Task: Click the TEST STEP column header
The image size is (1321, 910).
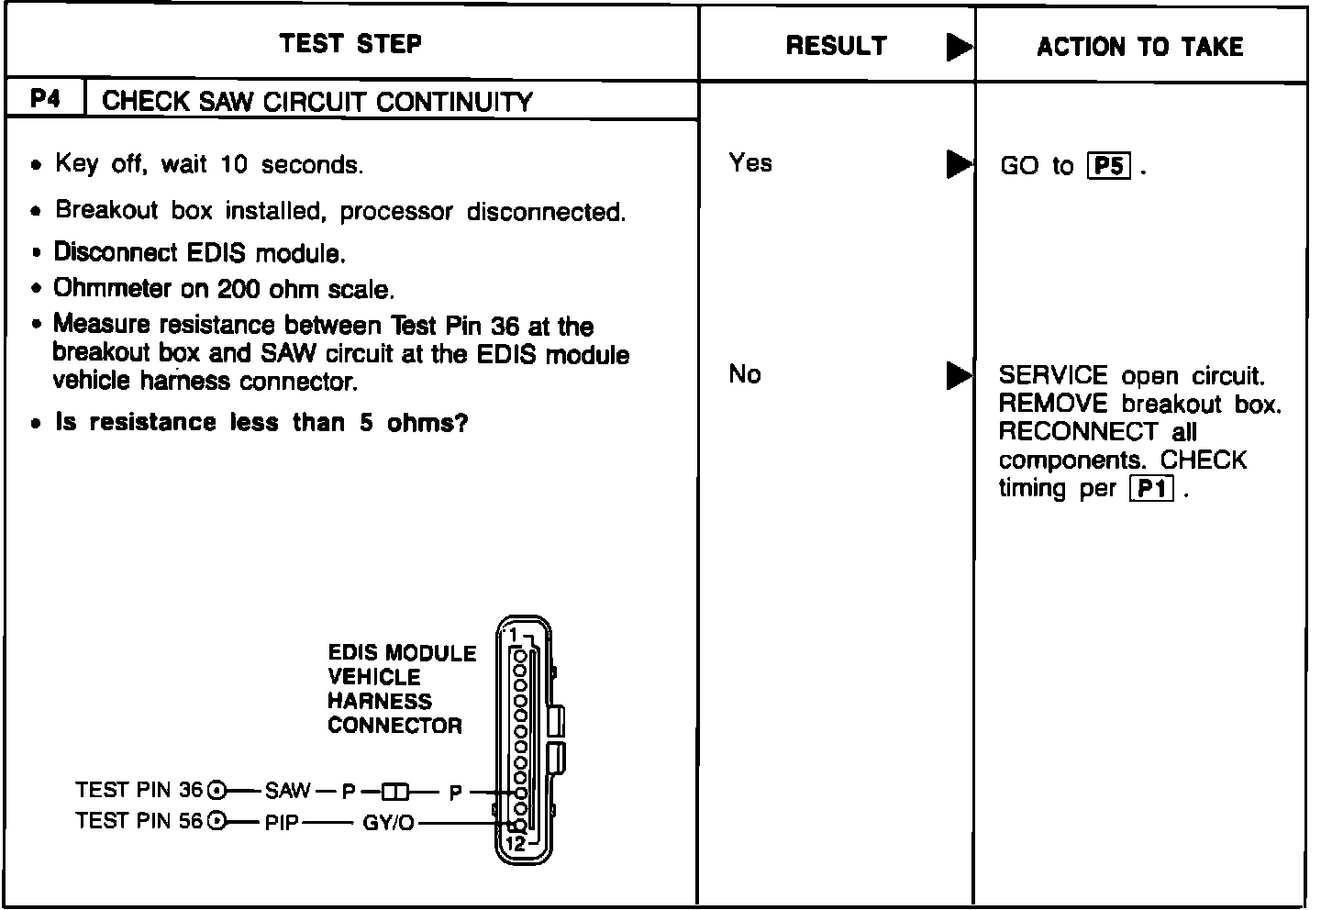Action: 350,43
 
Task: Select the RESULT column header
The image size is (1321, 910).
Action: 836,46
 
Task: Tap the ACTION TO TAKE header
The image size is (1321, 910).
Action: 1139,47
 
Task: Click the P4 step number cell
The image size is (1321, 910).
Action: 45,99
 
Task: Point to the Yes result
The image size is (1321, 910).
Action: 750,163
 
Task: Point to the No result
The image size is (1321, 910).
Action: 744,374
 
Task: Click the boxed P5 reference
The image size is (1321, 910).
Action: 1108,166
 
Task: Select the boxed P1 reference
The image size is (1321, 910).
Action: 1150,489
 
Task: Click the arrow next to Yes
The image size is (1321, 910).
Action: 959,164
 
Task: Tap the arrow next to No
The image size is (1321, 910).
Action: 959,375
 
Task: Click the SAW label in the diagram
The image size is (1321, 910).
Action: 287,790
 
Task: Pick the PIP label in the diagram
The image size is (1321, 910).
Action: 282,822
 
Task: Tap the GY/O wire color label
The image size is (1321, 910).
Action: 388,823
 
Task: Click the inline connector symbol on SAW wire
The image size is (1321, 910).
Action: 396,791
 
